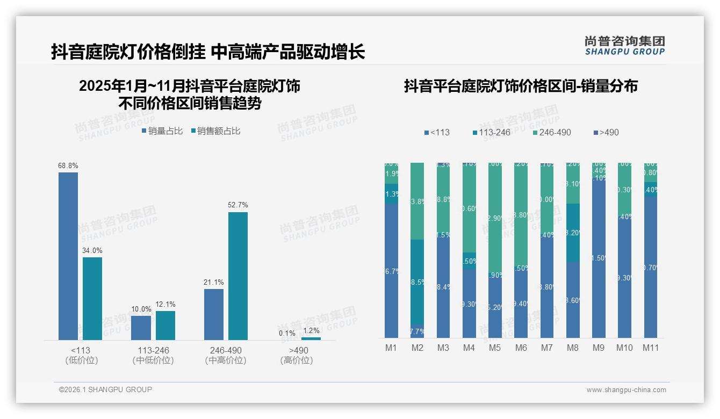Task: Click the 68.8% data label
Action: pos(68,166)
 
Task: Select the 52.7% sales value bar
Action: pos(238,276)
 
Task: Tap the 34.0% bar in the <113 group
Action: pos(92,298)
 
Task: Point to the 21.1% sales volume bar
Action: pos(214,314)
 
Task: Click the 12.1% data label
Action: pos(165,305)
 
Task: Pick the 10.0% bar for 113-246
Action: pos(141,328)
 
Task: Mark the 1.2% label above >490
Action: pos(311,331)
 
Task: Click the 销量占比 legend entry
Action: pos(163,131)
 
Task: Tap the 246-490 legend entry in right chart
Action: pos(552,132)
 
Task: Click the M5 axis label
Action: pos(495,348)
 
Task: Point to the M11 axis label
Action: pos(651,348)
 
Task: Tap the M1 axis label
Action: pos(391,348)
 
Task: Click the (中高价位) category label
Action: pos(226,360)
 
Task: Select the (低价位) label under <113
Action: pos(82,360)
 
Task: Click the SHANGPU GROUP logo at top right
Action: pos(625,45)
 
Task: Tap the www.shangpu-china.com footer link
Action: pos(626,390)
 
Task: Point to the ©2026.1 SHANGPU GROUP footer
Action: pos(105,389)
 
